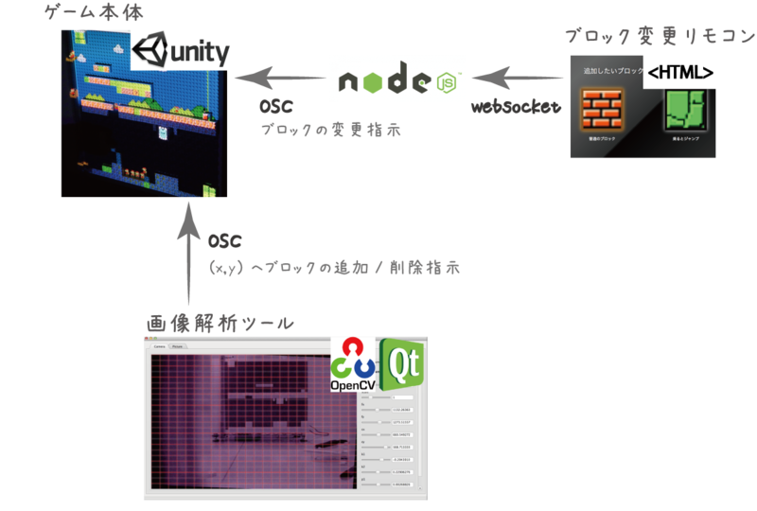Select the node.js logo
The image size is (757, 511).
[397, 79]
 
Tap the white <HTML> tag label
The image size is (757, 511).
[678, 71]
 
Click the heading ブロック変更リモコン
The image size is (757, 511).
[660, 35]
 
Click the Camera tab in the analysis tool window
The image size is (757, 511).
[159, 346]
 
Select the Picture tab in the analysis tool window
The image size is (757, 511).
[177, 346]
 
